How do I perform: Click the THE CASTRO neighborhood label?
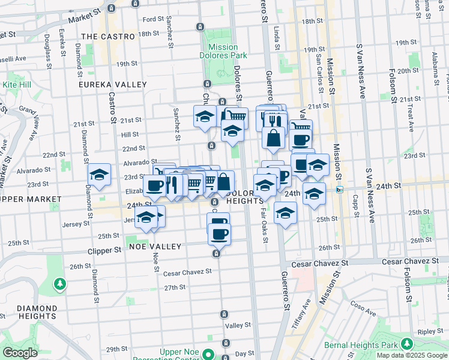coord(108,37)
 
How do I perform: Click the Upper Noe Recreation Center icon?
coord(208,353)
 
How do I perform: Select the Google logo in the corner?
coord(19,353)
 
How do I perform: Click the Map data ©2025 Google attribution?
coord(412,355)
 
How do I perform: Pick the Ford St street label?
coord(153,19)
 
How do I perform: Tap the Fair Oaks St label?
coord(264,216)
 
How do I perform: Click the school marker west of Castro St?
coord(99,175)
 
